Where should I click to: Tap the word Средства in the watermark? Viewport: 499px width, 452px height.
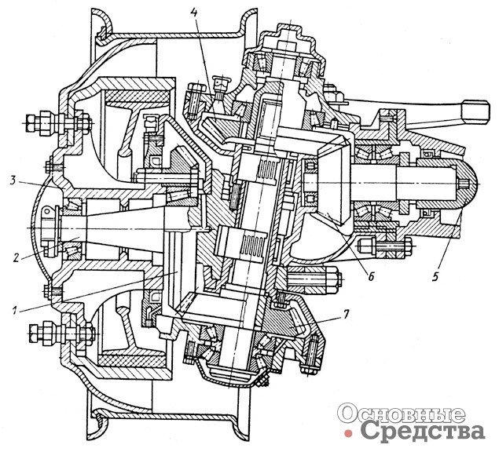tap(422, 431)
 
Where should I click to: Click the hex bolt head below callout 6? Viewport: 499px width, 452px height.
tap(330, 278)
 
